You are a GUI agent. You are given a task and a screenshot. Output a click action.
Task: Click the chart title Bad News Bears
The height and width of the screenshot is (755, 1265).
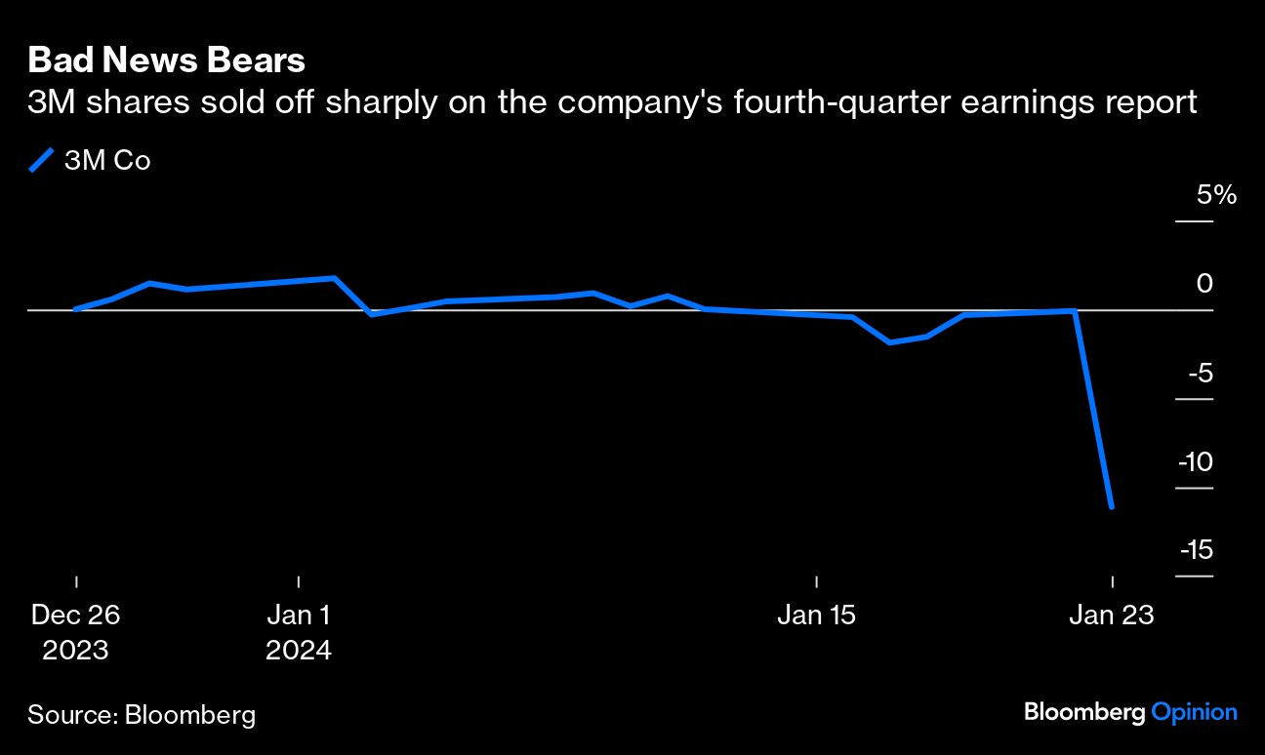click(166, 60)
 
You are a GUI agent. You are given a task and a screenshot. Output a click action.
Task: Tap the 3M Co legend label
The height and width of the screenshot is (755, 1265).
click(107, 161)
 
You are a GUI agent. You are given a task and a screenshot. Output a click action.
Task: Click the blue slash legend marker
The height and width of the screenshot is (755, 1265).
click(43, 160)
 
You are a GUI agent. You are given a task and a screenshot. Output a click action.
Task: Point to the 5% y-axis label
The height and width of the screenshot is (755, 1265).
click(1217, 195)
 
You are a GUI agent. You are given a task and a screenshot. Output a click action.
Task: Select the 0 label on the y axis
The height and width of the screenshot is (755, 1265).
click(1204, 284)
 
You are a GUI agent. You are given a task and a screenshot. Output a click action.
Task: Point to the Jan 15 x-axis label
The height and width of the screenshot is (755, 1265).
click(816, 616)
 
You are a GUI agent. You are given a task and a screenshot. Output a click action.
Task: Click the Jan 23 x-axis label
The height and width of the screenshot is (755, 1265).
click(1112, 616)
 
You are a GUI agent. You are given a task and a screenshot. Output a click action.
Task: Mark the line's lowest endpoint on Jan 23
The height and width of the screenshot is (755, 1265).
click(1112, 507)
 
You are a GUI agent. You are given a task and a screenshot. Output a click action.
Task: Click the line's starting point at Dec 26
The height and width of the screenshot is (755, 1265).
click(76, 308)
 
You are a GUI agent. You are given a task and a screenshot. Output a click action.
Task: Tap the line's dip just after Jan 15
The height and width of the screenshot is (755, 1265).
click(890, 342)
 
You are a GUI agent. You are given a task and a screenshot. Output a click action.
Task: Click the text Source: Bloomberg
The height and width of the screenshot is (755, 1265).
click(142, 715)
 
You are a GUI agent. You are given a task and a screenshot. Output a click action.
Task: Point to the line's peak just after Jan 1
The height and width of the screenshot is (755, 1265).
click(335, 278)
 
